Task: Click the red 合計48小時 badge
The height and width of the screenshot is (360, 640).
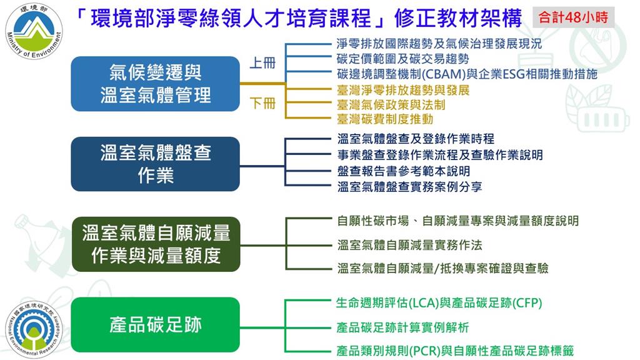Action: (x=573, y=17)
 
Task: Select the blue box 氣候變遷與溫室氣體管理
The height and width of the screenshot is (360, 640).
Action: (x=156, y=84)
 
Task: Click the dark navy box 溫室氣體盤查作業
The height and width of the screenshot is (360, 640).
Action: (x=156, y=164)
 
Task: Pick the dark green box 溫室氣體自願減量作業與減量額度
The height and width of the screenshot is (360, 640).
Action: (x=156, y=244)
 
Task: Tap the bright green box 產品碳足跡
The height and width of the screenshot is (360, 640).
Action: (x=156, y=324)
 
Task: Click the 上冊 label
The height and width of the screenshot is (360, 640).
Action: (x=262, y=64)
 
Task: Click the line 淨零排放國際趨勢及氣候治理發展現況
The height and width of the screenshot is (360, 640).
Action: (x=439, y=44)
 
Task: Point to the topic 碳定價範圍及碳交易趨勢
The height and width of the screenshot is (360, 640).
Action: (x=402, y=59)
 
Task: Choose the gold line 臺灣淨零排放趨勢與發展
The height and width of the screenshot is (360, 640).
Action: (x=402, y=90)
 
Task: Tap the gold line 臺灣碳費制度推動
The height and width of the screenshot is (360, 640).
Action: (x=385, y=119)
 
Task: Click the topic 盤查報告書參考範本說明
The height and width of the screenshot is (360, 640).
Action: (x=403, y=171)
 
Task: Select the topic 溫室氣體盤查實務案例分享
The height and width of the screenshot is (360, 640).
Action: (x=409, y=186)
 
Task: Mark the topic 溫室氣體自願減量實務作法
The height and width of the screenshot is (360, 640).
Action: (x=409, y=244)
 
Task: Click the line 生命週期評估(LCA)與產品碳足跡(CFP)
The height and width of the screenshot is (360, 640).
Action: (x=439, y=304)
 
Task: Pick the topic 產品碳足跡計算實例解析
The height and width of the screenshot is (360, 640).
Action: (x=402, y=327)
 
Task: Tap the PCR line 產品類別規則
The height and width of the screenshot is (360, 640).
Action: (x=455, y=351)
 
